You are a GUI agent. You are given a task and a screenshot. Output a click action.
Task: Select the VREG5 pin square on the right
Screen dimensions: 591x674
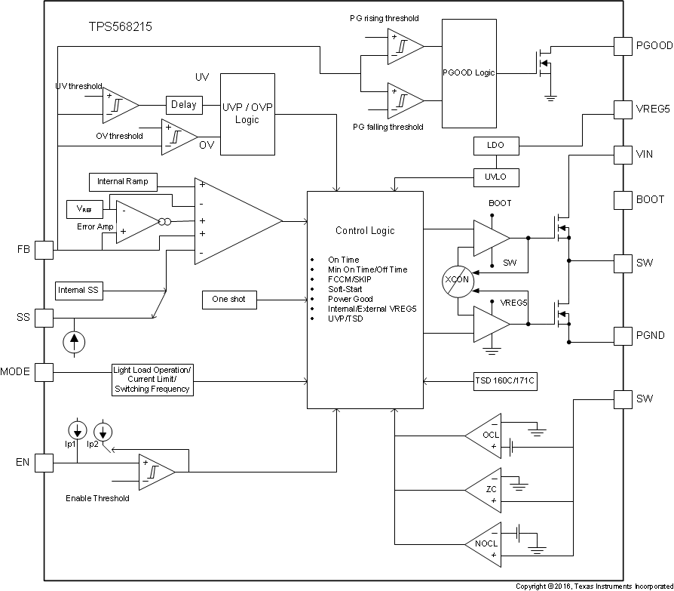click(x=623, y=109)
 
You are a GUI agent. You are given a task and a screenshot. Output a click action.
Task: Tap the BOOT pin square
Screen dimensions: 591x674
click(x=623, y=200)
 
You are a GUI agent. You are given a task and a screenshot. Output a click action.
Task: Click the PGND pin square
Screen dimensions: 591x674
click(x=623, y=335)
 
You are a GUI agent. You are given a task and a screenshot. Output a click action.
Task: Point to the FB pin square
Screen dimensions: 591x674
click(x=44, y=250)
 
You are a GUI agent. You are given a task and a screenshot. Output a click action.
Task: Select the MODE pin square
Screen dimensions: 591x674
click(x=44, y=371)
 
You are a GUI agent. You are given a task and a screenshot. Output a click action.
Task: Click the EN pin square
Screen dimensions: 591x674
click(x=44, y=462)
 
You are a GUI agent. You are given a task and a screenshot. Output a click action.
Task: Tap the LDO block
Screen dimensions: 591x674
click(x=495, y=145)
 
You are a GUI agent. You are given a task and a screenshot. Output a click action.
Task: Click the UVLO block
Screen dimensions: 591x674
click(x=495, y=177)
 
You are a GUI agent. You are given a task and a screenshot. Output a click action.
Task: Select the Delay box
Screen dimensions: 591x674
click(x=183, y=105)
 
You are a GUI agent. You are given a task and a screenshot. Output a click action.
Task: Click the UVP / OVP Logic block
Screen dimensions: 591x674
click(x=247, y=114)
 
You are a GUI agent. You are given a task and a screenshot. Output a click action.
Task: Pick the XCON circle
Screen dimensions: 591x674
click(x=457, y=280)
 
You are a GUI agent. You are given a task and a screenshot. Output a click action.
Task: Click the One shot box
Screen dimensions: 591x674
click(x=229, y=300)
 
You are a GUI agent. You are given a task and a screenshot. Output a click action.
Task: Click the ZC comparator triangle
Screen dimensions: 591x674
click(x=486, y=489)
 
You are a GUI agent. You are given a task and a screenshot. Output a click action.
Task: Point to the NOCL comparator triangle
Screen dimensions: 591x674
click(x=486, y=543)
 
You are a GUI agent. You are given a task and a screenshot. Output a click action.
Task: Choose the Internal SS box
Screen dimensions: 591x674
click(x=80, y=290)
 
